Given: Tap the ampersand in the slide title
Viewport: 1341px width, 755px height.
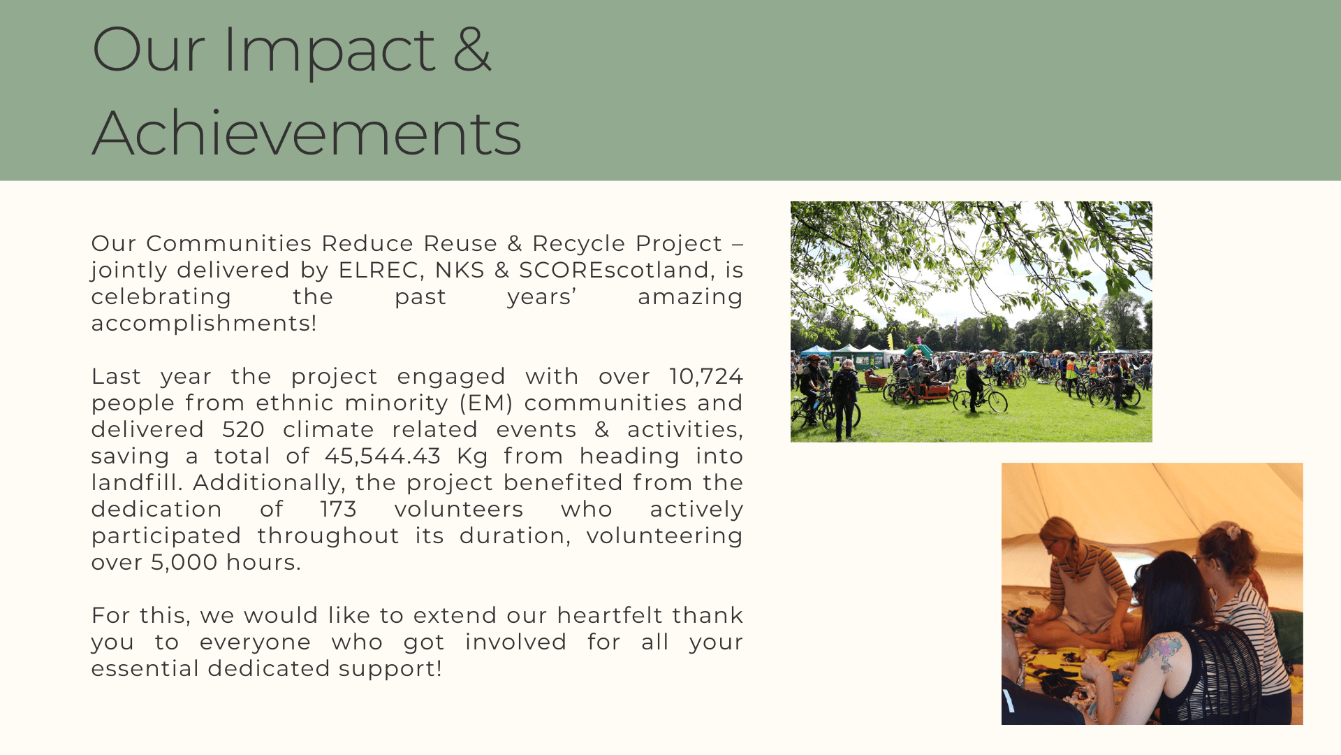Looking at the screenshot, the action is point(472,49).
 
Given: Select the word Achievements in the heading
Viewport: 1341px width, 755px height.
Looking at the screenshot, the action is point(307,133).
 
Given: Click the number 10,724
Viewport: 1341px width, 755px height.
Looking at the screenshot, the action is point(706,377).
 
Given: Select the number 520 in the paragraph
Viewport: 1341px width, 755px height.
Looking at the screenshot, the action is point(244,429).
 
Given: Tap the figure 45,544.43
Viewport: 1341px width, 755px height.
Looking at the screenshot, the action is point(383,456).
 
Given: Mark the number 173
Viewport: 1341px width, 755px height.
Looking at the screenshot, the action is point(338,509).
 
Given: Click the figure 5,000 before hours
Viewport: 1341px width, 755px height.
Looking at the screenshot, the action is point(184,563).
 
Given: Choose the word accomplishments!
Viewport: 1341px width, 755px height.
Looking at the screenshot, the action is point(204,323).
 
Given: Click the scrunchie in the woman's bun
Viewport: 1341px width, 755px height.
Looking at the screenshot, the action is point(1233,531).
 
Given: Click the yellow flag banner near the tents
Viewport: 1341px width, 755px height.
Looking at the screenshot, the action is point(890,340).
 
